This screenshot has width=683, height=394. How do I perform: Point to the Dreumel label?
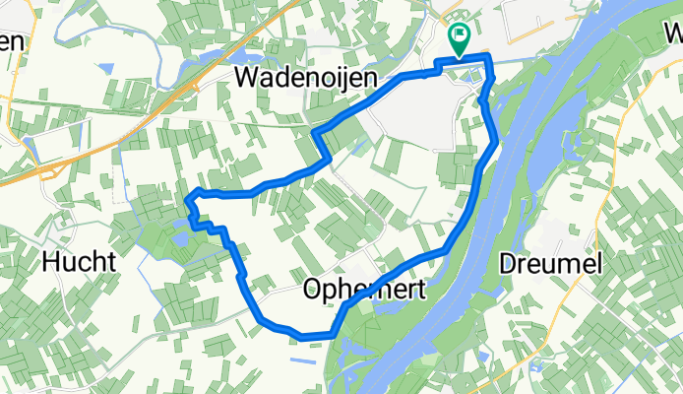550,263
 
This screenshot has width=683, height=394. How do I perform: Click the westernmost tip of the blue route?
187,201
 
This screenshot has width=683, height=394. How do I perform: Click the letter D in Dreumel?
508,263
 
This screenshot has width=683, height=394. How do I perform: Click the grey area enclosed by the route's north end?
413,113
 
